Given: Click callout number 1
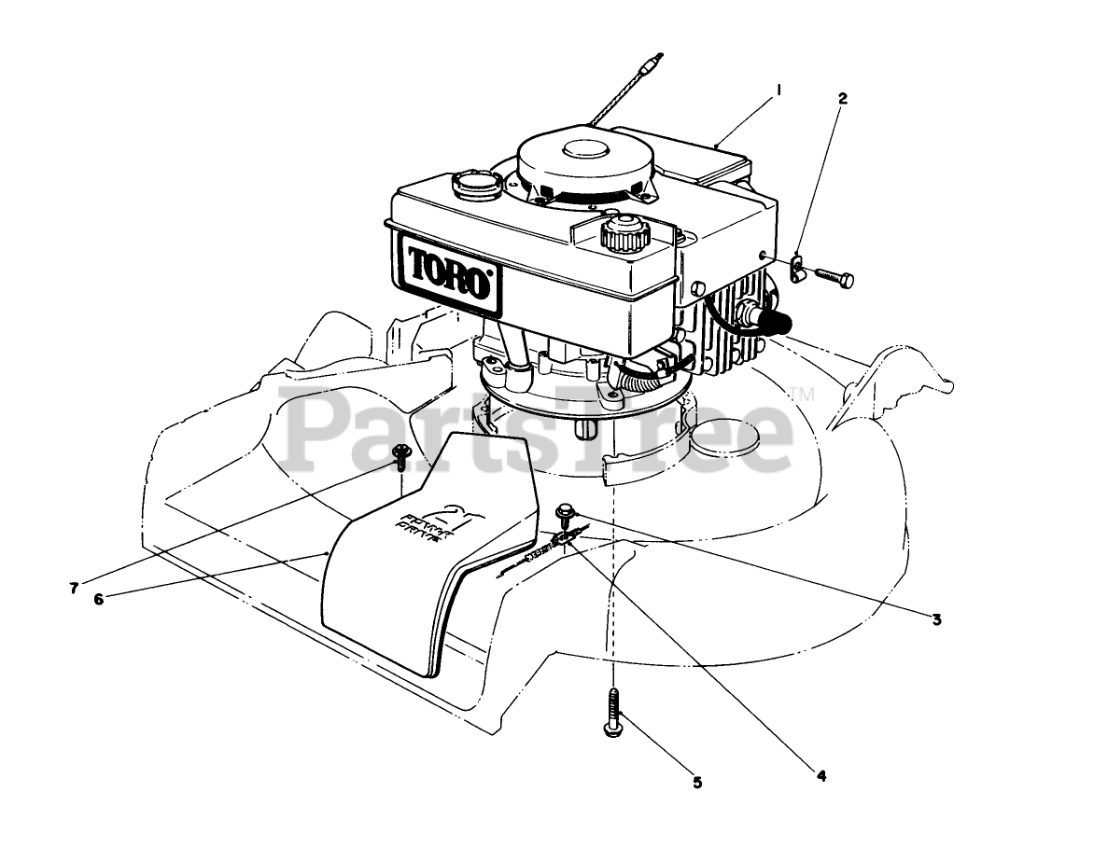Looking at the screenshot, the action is pyautogui.click(x=778, y=90).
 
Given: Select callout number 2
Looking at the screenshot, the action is pyautogui.click(x=842, y=97).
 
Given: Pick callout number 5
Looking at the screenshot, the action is pyautogui.click(x=696, y=782).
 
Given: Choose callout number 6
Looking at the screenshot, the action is pyautogui.click(x=99, y=599).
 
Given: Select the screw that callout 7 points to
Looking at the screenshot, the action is pyautogui.click(x=402, y=456).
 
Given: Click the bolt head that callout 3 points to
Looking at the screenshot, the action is pyautogui.click(x=565, y=510).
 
